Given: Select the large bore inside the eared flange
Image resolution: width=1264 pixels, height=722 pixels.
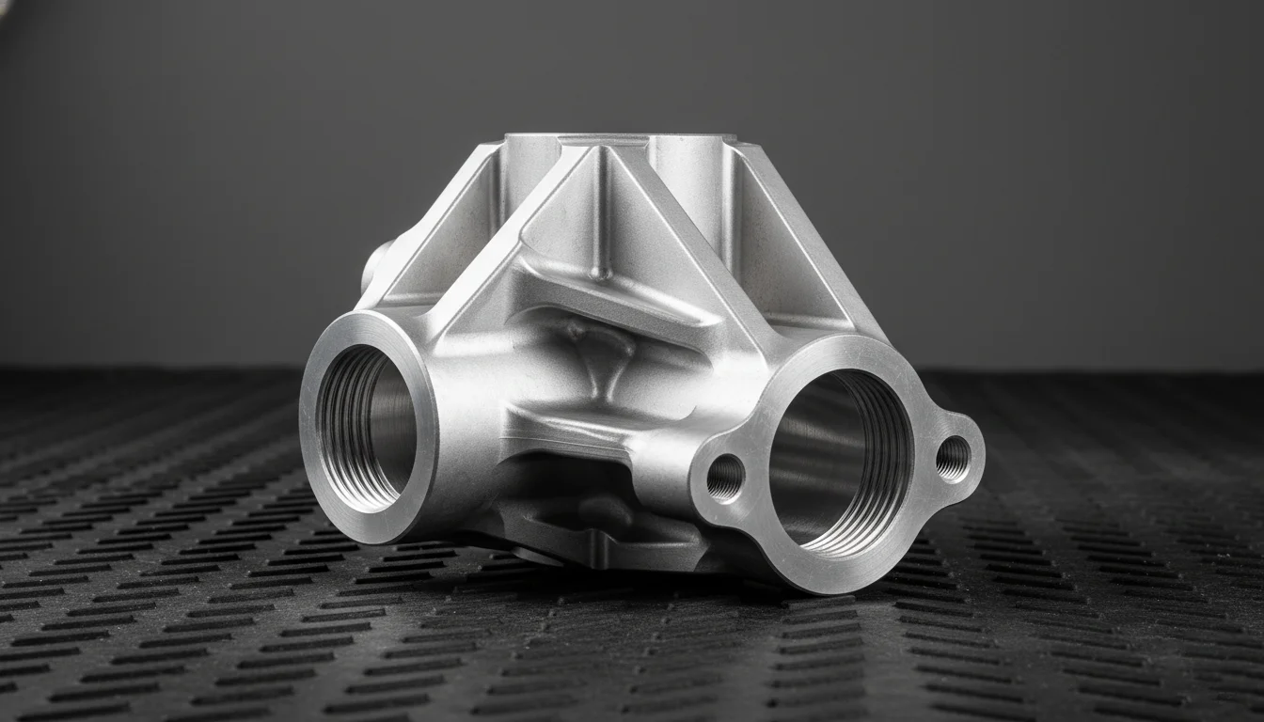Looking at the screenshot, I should coord(828,461).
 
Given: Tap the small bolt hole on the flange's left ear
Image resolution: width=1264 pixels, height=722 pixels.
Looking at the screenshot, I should coord(725,478).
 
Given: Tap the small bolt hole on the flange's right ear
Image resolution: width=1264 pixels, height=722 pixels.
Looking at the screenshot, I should coord(952,458).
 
